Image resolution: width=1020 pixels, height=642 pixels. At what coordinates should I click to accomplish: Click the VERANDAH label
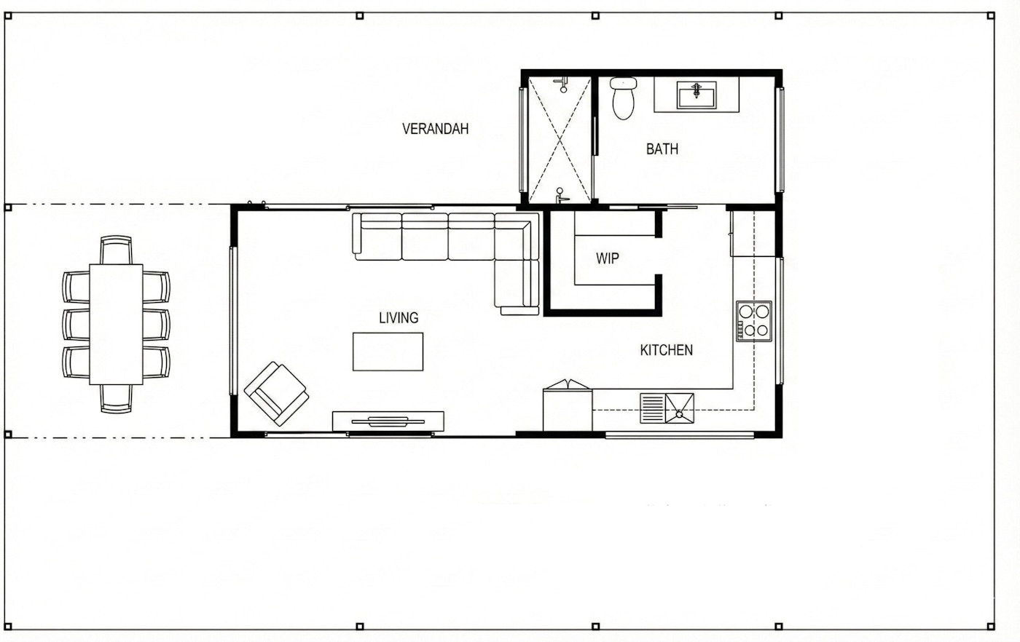point(435,129)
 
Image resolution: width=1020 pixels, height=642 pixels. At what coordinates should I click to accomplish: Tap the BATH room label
point(662,149)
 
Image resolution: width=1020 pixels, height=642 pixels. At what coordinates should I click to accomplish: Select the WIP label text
point(608,258)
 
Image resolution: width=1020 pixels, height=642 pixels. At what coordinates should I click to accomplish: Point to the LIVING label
point(399,318)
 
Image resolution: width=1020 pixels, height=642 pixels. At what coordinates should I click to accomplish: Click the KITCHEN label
point(666,350)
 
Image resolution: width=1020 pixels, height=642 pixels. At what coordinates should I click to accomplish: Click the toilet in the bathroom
point(623,99)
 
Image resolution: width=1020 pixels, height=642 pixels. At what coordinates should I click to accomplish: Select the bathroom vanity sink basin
point(697,95)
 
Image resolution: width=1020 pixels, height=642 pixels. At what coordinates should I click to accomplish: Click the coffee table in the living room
point(388,352)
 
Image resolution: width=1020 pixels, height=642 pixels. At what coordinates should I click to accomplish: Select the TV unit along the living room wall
point(388,421)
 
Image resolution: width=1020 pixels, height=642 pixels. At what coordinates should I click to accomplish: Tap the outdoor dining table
point(116,324)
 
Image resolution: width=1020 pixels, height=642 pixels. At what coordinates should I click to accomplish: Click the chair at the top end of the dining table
point(116,249)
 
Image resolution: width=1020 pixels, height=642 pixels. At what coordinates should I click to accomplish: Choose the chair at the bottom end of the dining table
point(116,398)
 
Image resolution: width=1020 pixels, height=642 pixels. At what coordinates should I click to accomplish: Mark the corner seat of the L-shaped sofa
point(517,237)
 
